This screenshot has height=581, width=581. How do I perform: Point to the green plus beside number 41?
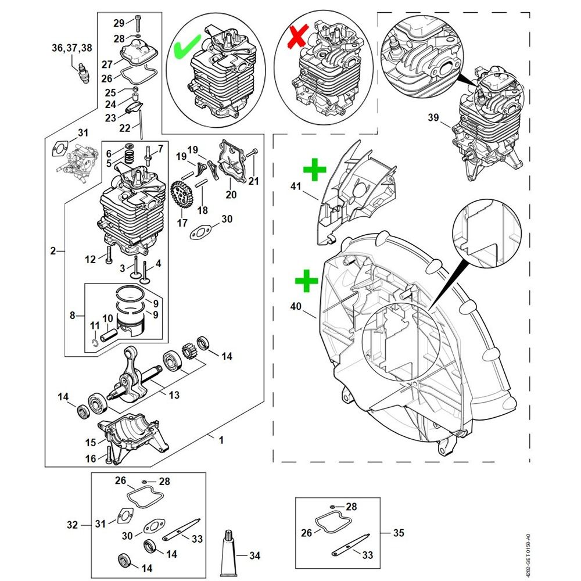314,171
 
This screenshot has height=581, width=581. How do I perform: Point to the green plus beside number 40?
306,283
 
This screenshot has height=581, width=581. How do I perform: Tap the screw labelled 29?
138,24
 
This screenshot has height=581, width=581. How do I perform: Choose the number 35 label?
399,533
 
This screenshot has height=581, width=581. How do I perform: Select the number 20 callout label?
231,195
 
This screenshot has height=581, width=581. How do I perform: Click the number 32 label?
72,525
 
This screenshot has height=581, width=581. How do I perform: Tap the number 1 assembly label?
221,440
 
